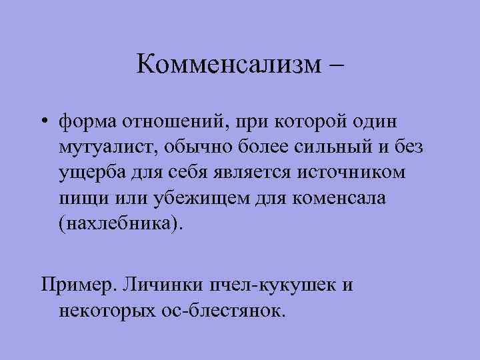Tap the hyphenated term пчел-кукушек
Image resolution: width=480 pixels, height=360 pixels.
point(279,285)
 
